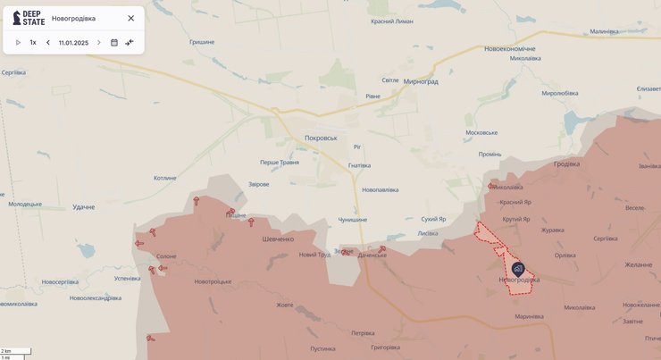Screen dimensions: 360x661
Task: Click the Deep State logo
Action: tap(29, 18)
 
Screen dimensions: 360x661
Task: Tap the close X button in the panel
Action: tap(131, 18)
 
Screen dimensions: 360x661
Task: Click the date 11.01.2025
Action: tap(73, 43)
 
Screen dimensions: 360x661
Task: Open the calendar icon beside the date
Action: tap(114, 43)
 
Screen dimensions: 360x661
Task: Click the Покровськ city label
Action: tap(321, 138)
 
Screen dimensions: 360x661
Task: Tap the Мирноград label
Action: tap(421, 81)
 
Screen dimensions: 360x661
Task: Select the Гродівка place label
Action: tap(566, 163)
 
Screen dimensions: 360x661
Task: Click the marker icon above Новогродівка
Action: tap(518, 267)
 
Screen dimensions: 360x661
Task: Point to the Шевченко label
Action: tap(278, 239)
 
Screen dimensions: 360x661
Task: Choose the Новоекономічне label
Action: tap(509, 48)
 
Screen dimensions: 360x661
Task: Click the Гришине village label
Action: tap(202, 42)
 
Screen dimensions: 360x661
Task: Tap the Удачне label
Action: tap(83, 207)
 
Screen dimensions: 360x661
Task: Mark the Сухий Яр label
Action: tap(433, 219)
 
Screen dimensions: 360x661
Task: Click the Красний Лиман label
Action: tap(391, 21)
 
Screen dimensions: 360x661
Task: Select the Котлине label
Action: tap(165, 178)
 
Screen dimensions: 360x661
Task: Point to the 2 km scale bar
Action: tap(16, 351)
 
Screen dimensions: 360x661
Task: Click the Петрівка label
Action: tap(363, 333)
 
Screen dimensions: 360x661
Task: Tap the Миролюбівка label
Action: tap(560, 93)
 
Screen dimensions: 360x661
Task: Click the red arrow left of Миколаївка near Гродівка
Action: tap(491, 186)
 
